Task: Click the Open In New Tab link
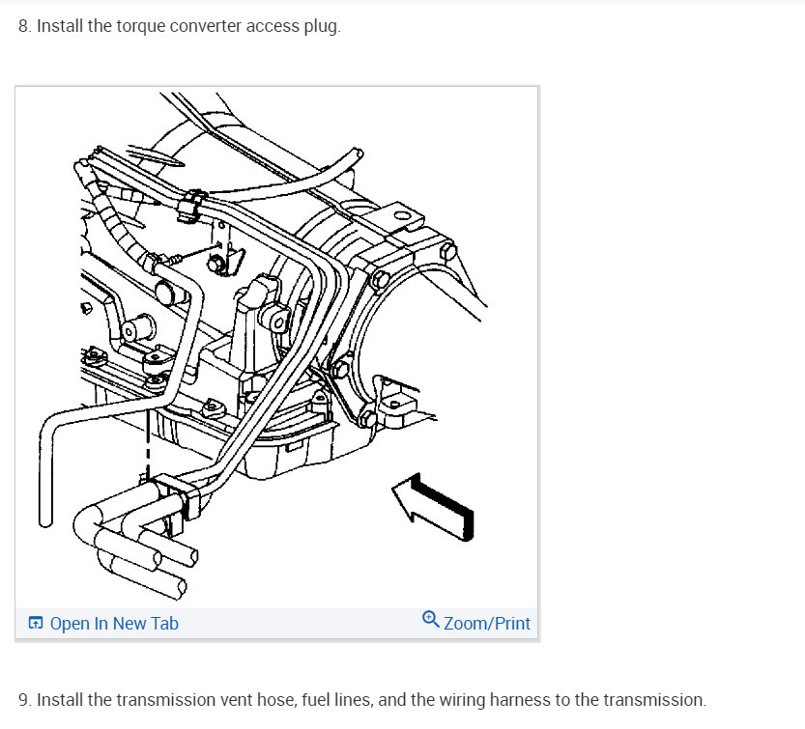(113, 624)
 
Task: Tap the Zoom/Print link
(487, 624)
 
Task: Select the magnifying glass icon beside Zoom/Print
(431, 620)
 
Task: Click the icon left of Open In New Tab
(35, 624)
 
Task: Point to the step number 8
(24, 27)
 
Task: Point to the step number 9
(24, 699)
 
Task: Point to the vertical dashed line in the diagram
(148, 439)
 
